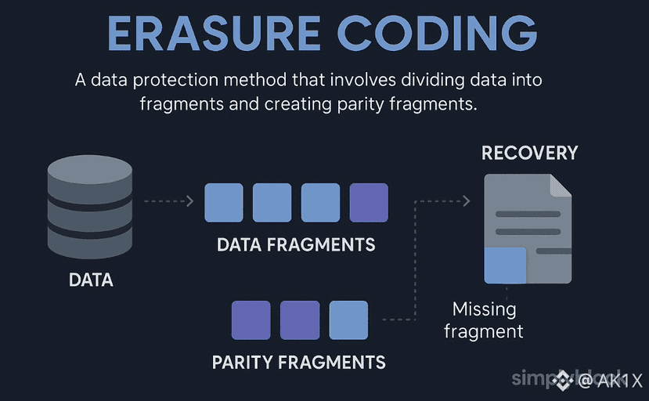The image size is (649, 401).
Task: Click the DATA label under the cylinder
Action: click(91, 280)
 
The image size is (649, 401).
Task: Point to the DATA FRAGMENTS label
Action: click(296, 244)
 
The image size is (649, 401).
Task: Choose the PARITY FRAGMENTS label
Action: click(298, 363)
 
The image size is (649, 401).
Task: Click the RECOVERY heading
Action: click(529, 152)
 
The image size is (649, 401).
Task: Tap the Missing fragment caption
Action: click(484, 320)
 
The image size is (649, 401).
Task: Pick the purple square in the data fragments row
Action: click(369, 203)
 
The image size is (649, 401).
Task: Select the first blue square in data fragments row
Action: click(224, 203)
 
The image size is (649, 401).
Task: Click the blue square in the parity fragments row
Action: click(348, 320)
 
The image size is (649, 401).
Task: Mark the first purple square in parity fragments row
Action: click(251, 320)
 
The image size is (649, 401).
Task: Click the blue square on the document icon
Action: click(505, 265)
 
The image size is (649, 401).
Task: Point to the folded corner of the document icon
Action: click(561, 185)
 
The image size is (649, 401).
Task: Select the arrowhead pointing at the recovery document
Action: click(467, 201)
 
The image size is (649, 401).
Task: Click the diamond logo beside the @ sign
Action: click(564, 381)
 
